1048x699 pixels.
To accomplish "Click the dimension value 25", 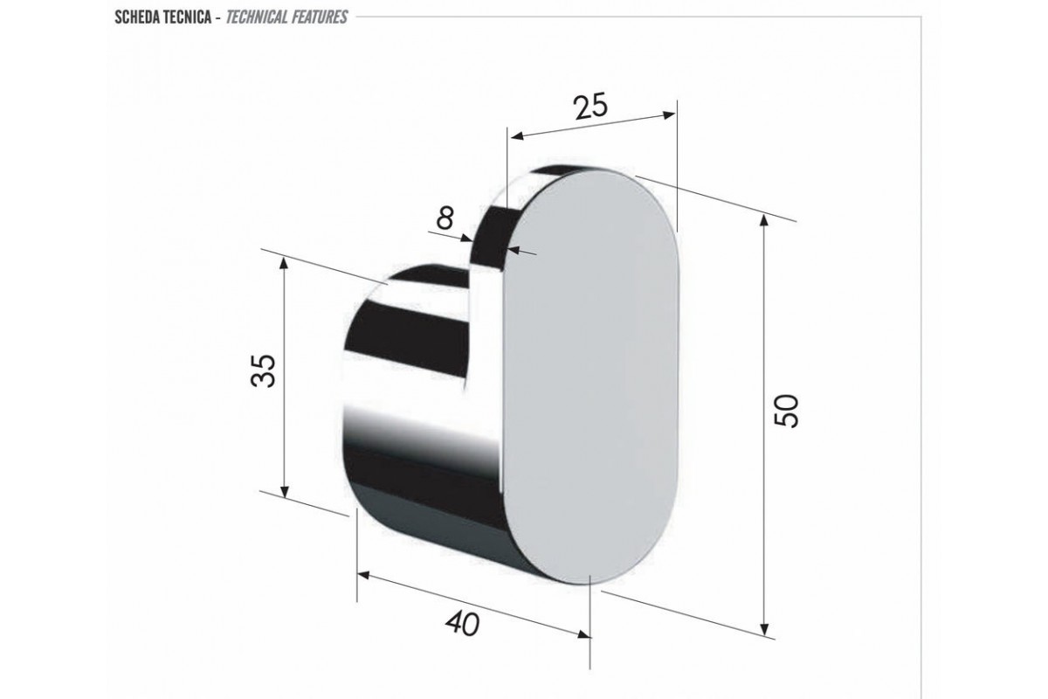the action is [591, 106].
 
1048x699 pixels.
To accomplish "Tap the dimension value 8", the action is [445, 218].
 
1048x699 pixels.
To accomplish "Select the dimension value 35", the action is [263, 370].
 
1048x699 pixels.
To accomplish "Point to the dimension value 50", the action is [785, 411].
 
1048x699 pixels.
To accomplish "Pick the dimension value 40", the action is [463, 624].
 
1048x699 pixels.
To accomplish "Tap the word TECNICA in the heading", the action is [192, 17].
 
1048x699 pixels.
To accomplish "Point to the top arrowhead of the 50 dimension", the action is [764, 220].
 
